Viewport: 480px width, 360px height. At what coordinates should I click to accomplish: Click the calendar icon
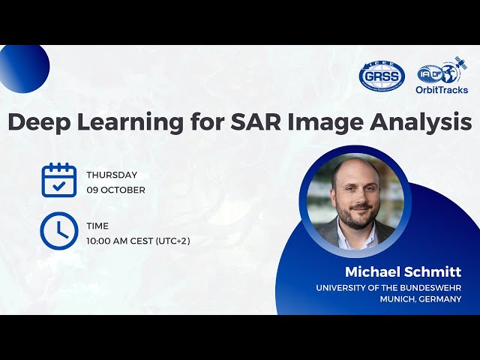click(x=58, y=180)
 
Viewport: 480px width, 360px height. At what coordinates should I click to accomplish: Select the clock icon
click(x=58, y=231)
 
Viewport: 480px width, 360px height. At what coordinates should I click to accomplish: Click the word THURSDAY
click(x=112, y=175)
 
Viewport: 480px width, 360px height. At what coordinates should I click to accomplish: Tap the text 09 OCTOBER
click(x=115, y=190)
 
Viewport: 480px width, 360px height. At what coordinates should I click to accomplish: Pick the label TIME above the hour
click(x=97, y=226)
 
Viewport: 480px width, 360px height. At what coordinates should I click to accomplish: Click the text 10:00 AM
click(x=111, y=241)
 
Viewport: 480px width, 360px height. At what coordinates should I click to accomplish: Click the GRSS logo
click(x=382, y=76)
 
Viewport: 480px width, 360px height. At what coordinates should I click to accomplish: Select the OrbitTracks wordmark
click(x=441, y=89)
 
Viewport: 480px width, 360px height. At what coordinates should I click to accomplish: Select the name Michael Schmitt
click(x=403, y=271)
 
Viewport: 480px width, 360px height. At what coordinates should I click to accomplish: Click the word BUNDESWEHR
click(x=428, y=288)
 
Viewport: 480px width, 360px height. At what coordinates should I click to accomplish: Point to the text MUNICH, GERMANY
click(x=420, y=299)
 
